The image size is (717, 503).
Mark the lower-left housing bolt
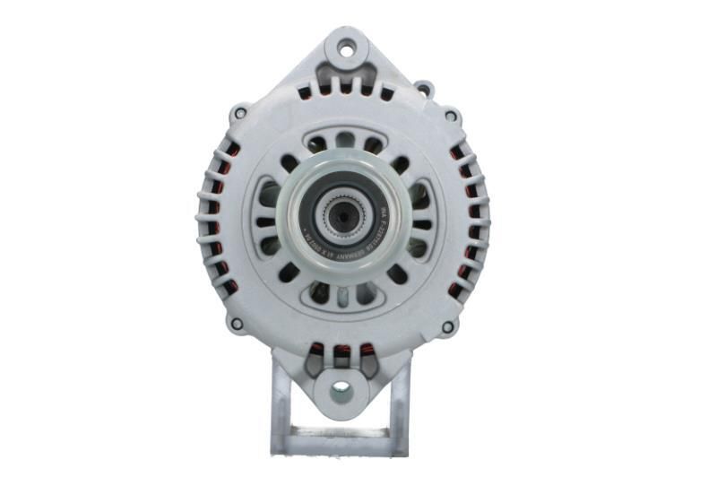click(x=236, y=324)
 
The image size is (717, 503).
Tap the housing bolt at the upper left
click(x=238, y=114)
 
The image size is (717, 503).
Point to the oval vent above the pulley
click(x=343, y=142)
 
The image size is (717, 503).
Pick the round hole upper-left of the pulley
click(x=289, y=163)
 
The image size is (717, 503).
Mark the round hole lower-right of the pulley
click(x=397, y=273)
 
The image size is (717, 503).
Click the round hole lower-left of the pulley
click(x=288, y=272)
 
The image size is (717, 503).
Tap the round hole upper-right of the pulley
click(x=399, y=164)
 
